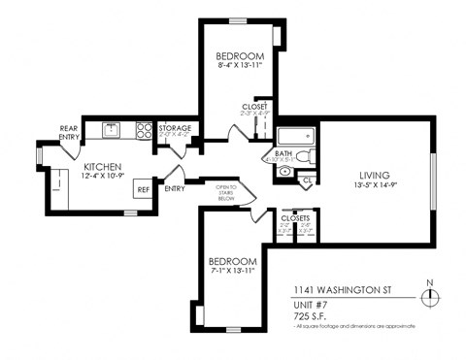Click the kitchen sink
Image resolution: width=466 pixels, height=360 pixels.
[112, 127]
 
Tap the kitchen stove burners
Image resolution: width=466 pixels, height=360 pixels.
[145, 127]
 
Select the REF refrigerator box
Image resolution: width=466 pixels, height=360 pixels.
[142, 190]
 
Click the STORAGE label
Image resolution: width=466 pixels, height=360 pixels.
[176, 127]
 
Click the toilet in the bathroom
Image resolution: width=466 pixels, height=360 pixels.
[303, 155]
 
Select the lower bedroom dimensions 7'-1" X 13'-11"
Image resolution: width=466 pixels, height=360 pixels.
[233, 273]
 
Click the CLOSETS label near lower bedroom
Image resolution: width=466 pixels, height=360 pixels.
[294, 219]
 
